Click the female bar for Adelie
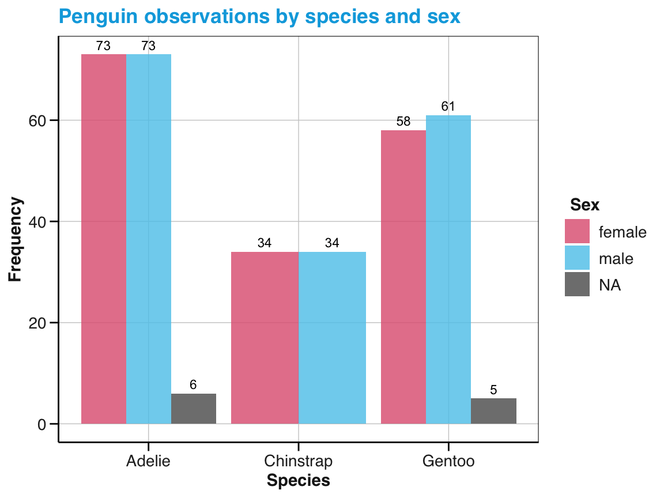click(x=104, y=239)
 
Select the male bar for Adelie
click(x=149, y=239)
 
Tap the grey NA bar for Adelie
click(x=194, y=409)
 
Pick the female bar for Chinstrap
click(x=265, y=338)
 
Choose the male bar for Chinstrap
click(x=332, y=338)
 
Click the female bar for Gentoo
click(x=403, y=277)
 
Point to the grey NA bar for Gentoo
click(x=493, y=411)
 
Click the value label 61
click(x=448, y=107)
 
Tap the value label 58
click(x=403, y=122)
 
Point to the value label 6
click(x=194, y=385)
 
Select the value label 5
click(x=493, y=390)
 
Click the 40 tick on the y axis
click(x=41, y=222)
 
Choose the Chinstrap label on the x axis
click(x=298, y=462)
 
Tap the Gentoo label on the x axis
click(x=448, y=462)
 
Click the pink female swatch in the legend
click(x=577, y=231)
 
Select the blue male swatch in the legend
click(x=577, y=258)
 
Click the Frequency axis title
click(x=16, y=239)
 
